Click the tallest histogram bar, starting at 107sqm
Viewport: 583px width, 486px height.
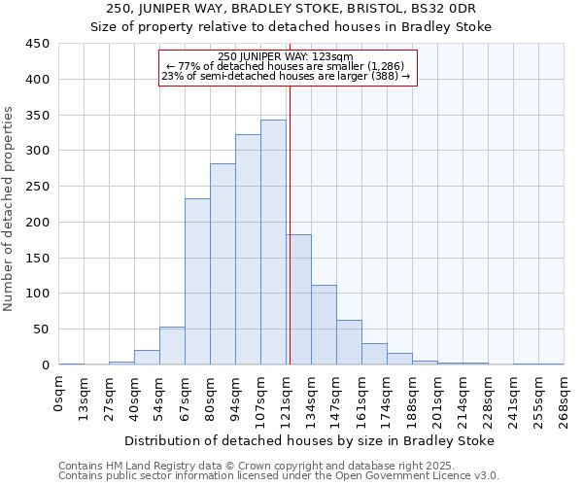pos(273,242)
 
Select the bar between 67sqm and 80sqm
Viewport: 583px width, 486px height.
pos(197,282)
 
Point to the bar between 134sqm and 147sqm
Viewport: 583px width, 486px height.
pos(324,325)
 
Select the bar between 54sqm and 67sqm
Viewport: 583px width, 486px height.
pos(172,346)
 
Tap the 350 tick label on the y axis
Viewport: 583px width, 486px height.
pos(37,115)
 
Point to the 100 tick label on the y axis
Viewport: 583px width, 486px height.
pos(37,294)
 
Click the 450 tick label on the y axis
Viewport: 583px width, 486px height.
pos(37,44)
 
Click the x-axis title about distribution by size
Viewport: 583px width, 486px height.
pos(309,440)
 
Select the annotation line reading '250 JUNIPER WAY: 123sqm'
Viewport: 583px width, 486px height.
pos(286,57)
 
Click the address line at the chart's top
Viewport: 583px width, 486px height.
pos(291,10)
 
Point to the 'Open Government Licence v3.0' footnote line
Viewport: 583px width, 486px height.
pos(278,475)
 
